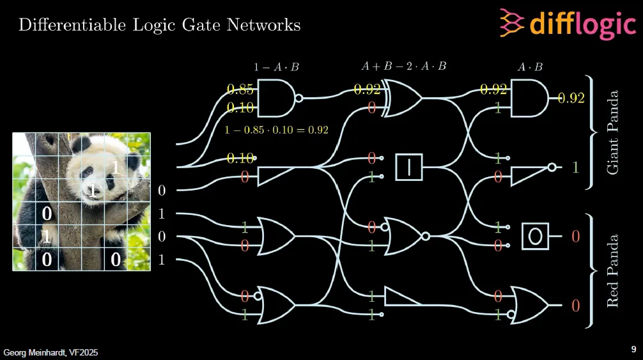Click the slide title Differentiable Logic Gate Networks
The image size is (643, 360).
tap(159, 26)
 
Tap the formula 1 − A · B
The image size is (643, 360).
tap(276, 67)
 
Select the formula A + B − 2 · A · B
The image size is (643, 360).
tap(403, 66)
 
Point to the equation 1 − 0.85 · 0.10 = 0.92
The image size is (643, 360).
tap(276, 130)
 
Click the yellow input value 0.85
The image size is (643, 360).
tap(240, 89)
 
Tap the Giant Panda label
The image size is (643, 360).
tap(613, 132)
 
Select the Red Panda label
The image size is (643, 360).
tap(613, 271)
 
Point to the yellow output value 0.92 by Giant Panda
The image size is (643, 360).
tap(571, 98)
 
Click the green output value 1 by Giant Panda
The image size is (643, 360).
tap(575, 168)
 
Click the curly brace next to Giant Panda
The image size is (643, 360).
tap(593, 132)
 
